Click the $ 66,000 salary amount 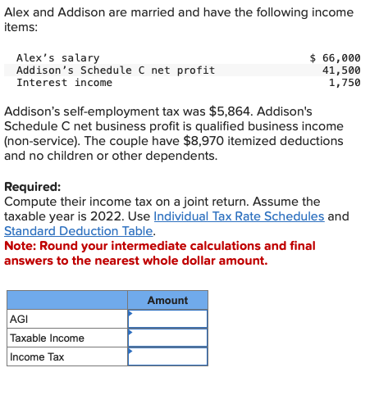(335, 58)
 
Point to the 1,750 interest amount (344, 83)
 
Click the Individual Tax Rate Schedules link (239, 216)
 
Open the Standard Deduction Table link (78, 231)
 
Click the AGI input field (167, 319)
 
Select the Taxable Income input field (167, 338)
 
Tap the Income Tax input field (167, 356)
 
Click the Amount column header (167, 301)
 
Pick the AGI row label (19, 320)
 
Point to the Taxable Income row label (47, 338)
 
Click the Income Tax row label (37, 356)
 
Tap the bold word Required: (32, 186)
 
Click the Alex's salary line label (57, 58)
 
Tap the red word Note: (20, 246)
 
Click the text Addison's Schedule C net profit (116, 70)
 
